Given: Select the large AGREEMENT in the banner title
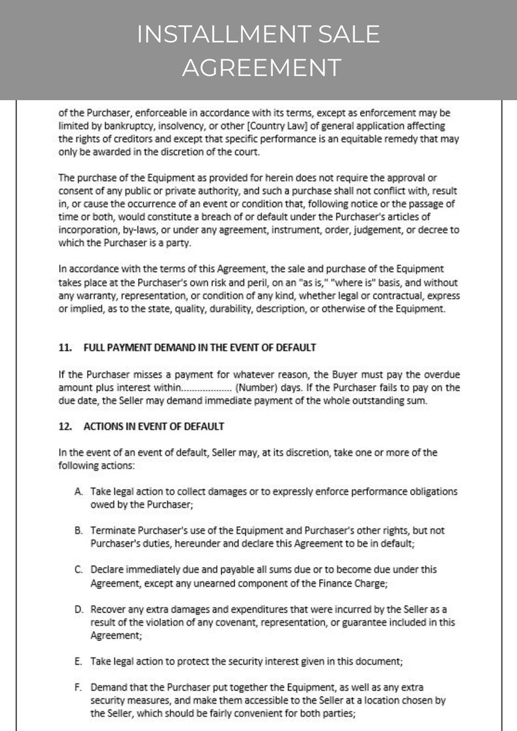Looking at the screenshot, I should [260, 67].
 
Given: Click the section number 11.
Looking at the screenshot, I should [64, 348].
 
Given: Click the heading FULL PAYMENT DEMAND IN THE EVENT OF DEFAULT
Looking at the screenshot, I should [200, 348].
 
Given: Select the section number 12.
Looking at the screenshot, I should [64, 426].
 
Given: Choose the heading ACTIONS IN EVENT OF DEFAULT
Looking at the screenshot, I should [154, 426].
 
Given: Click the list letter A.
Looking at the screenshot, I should [78, 491].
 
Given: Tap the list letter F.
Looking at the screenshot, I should [78, 687].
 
